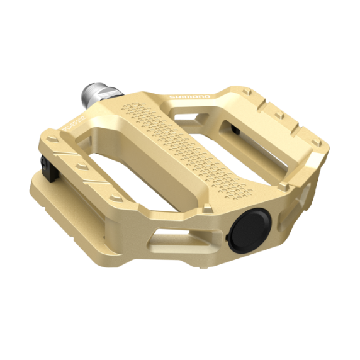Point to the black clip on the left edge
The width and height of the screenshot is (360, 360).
(46, 164)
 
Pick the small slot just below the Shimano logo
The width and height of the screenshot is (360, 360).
(189, 114)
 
